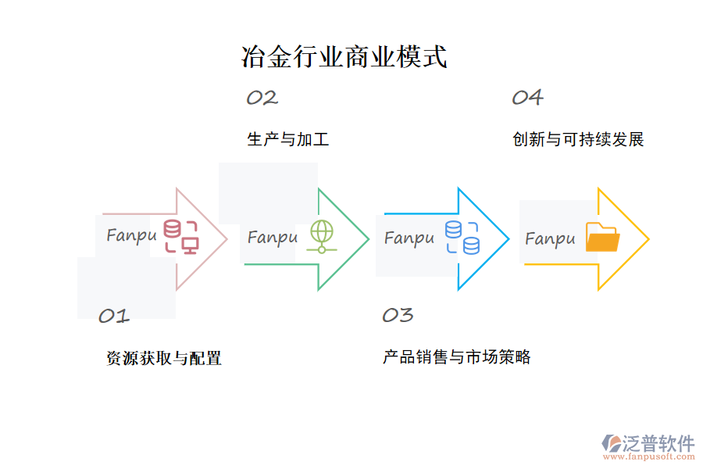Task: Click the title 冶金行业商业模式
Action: pos(344,57)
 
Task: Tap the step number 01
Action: pos(113,316)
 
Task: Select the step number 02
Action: pos(262,98)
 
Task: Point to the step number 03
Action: pos(397,315)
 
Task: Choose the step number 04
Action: pos(527,98)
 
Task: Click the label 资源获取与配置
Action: pos(164,358)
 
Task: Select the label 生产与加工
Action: pos(287,140)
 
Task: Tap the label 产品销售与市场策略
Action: pos(457,357)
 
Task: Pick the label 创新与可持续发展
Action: pos(578,140)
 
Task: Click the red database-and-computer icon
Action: pos(180,237)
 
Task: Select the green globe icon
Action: pos(321,236)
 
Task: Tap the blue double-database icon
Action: pos(462,237)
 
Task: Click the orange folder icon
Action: pos(602,238)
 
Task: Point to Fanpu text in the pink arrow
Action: pos(131,234)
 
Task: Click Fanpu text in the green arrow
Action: pos(273,237)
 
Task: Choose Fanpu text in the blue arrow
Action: pos(409,237)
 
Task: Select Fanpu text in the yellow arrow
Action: pos(550,238)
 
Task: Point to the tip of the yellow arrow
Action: pos(648,238)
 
